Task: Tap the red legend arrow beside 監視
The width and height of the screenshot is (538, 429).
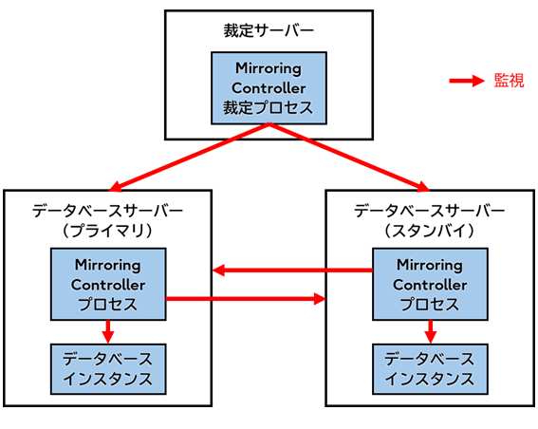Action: point(469,82)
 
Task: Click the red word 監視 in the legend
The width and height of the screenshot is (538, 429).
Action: point(509,82)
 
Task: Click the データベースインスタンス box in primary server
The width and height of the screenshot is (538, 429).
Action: point(108,369)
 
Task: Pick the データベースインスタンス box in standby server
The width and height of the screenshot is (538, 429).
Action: point(430,369)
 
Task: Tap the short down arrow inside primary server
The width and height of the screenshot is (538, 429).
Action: point(108,330)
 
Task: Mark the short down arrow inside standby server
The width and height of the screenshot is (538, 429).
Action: point(430,330)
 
